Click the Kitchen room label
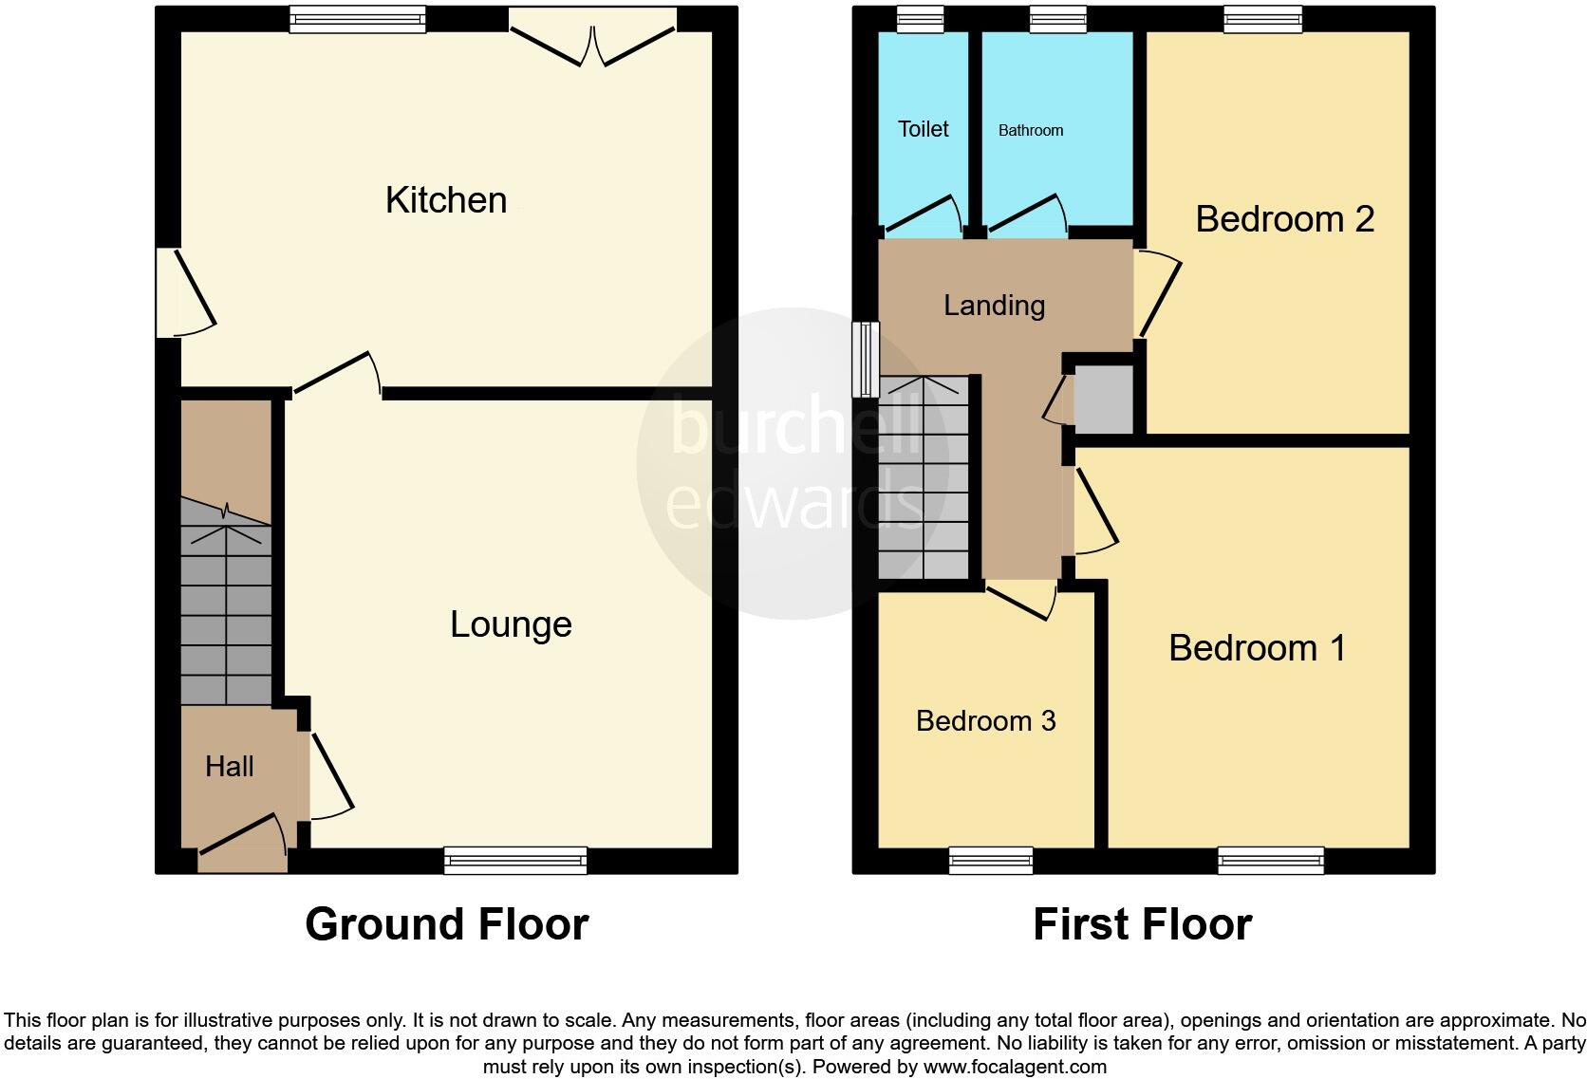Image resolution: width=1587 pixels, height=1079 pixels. click(446, 200)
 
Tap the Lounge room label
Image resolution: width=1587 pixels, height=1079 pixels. click(511, 624)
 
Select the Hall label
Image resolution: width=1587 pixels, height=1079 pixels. click(230, 767)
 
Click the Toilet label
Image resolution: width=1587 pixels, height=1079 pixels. click(923, 129)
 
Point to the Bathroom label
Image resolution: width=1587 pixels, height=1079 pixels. click(1030, 131)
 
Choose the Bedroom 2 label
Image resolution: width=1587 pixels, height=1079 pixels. click(1284, 219)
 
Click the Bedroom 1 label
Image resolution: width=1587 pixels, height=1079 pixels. click(1257, 648)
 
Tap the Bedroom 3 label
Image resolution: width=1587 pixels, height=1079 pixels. click(985, 721)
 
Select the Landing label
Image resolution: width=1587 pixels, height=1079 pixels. click(994, 306)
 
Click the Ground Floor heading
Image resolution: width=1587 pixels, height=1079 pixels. click(446, 924)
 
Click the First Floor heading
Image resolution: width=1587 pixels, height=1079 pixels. click(1142, 924)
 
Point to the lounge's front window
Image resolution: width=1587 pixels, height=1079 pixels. click(515, 861)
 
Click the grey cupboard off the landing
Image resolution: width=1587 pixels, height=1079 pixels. click(1104, 399)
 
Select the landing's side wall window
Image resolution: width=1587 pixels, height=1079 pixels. click(865, 359)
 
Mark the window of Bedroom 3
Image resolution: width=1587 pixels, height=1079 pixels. click(991, 861)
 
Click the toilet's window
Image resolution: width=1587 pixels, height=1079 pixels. click(920, 19)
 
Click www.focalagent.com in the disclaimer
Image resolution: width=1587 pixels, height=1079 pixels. click(1015, 1066)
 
